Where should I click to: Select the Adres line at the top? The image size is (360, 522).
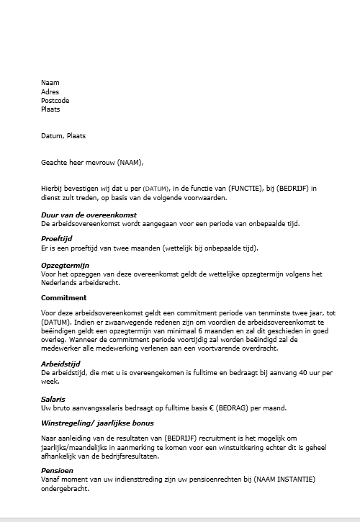[x=50, y=92]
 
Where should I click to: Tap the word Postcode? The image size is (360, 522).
[x=55, y=101]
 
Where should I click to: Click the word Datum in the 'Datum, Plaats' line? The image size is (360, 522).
[x=52, y=135]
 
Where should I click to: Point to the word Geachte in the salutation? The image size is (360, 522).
[x=55, y=161]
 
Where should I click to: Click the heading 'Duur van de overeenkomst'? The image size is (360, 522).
[x=89, y=215]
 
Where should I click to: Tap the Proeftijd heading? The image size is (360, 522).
[x=59, y=239]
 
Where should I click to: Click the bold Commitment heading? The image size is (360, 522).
[x=64, y=297]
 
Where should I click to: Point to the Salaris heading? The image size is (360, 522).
[x=54, y=399]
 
